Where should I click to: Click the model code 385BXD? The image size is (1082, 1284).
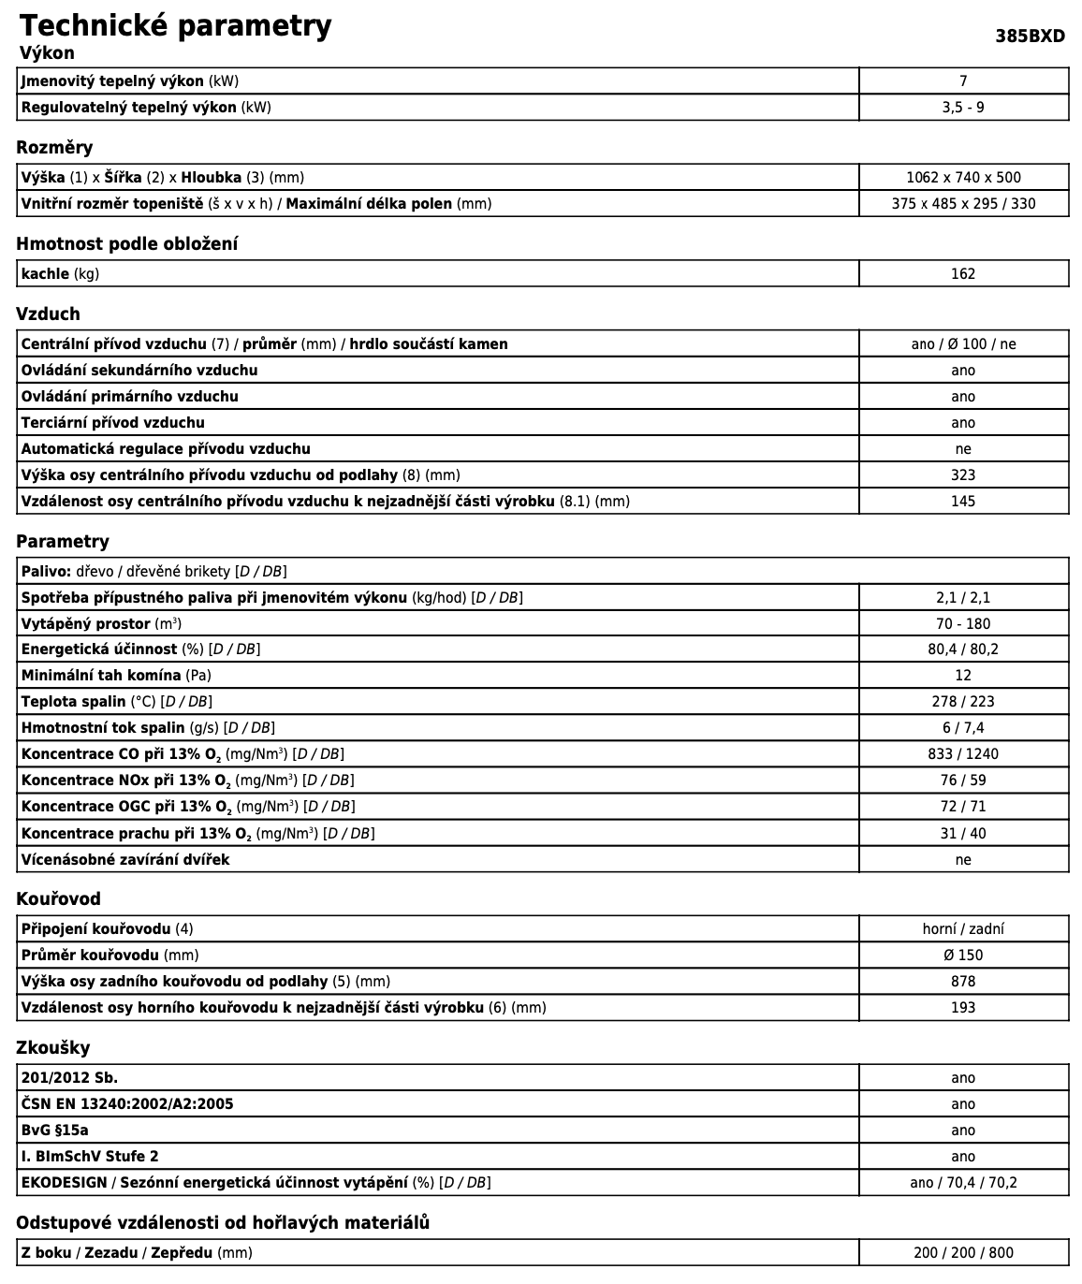(x=1030, y=36)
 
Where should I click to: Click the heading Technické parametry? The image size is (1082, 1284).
(x=175, y=25)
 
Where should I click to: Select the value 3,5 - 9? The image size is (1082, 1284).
(x=963, y=108)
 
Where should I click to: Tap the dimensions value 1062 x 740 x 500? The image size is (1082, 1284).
(x=963, y=178)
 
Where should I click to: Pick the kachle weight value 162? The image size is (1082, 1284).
(x=963, y=274)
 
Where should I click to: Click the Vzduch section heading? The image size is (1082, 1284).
(x=48, y=314)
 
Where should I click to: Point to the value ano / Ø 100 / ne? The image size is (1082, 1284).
(x=963, y=344)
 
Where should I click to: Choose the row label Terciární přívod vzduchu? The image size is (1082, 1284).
(x=113, y=423)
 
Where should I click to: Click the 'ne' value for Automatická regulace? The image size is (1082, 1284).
(x=963, y=449)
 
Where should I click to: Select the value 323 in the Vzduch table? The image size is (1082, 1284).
(x=963, y=475)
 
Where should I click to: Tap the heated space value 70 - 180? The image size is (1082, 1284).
(x=963, y=624)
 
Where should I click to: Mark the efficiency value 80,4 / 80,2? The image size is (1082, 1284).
(x=963, y=649)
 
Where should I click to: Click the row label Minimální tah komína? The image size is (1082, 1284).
(x=101, y=676)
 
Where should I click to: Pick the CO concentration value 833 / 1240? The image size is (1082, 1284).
(x=963, y=754)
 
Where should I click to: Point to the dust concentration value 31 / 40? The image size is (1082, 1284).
(x=963, y=834)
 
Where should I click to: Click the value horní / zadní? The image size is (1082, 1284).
(x=963, y=929)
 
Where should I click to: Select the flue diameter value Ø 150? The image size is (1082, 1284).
(x=963, y=956)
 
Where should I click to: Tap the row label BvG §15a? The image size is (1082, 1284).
(x=55, y=1131)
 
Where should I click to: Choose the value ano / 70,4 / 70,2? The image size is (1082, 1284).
(x=963, y=1183)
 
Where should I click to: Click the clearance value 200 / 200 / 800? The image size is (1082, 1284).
(x=963, y=1253)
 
